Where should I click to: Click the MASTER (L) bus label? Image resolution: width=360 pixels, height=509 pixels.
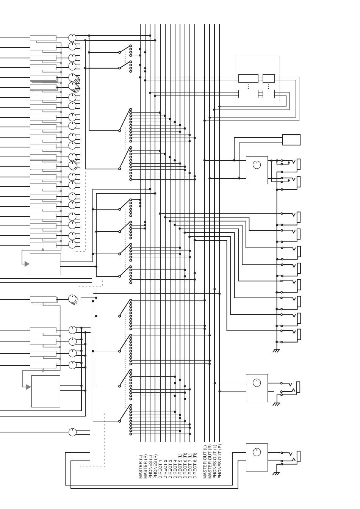[x=141, y=467]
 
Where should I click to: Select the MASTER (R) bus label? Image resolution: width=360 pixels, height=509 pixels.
[x=146, y=467]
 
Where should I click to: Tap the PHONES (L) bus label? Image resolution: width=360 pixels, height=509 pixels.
[x=150, y=467]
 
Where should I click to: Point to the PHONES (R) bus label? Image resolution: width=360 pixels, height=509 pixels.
[x=155, y=467]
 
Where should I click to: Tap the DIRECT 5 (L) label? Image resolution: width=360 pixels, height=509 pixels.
[x=180, y=466]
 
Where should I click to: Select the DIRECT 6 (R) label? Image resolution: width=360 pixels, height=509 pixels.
[x=185, y=466]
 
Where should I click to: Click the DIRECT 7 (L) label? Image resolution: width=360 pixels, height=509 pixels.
[x=190, y=466]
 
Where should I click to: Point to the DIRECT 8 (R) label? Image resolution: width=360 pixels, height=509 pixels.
[x=195, y=466]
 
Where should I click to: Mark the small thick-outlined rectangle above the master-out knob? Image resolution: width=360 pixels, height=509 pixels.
[x=291, y=139]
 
